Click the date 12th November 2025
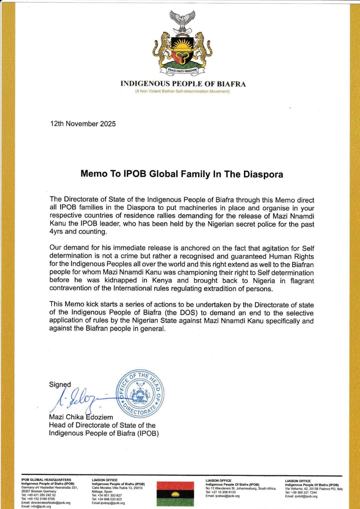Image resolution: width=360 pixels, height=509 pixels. coord(83,124)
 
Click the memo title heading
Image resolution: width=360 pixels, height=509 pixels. coord(181,174)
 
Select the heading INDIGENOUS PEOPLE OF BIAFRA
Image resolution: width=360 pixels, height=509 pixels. coord(183,84)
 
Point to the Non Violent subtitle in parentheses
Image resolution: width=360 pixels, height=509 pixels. coord(182,92)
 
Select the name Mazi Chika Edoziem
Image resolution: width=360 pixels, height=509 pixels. coord(81,417)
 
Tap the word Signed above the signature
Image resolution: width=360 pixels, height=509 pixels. coord(60,385)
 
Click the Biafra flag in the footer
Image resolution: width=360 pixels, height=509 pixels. coord(175,494)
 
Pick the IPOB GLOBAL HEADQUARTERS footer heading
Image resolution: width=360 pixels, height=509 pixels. coord(46,480)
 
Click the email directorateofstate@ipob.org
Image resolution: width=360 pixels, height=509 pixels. coord(46,503)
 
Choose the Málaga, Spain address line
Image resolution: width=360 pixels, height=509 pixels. coord(102,492)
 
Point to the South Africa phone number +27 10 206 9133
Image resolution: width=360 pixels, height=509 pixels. coord(221,492)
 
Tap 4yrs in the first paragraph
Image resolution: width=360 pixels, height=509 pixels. coord(56,232)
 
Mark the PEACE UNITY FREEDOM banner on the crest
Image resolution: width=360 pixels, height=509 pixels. coord(182,70)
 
